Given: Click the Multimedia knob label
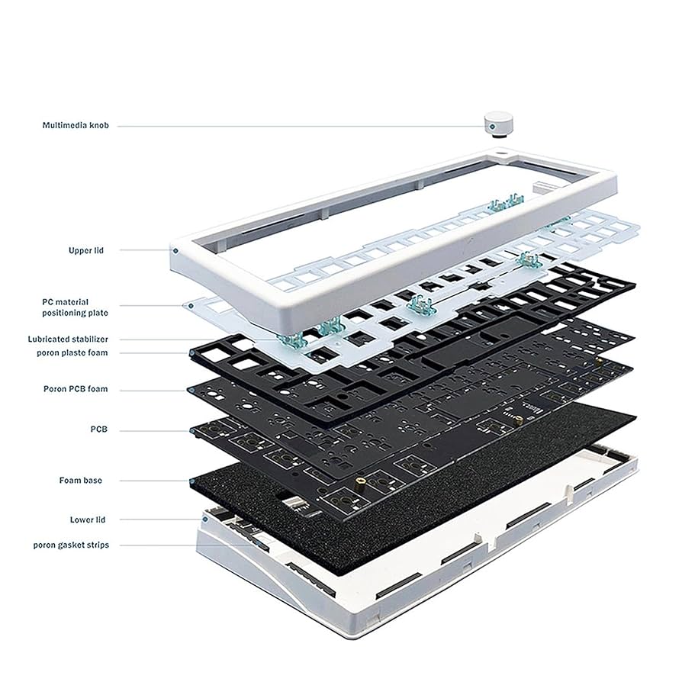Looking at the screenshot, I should click(76, 124).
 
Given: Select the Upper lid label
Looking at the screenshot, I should click(85, 249).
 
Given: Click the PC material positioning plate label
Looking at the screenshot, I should click(75, 307).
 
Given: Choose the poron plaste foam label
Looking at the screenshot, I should click(72, 352).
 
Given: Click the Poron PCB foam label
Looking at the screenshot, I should click(76, 389).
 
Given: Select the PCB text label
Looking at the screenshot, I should click(99, 430).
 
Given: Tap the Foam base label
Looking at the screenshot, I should click(81, 481).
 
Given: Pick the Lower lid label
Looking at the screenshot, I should click(88, 520).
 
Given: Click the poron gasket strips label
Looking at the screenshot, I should click(70, 545).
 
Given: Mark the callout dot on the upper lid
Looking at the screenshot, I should click(175, 249).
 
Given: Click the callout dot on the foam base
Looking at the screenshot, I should click(189, 481).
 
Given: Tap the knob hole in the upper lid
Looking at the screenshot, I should click(503, 155).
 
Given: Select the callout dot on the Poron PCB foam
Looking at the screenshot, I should click(189, 389).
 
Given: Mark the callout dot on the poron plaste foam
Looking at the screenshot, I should click(190, 352).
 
